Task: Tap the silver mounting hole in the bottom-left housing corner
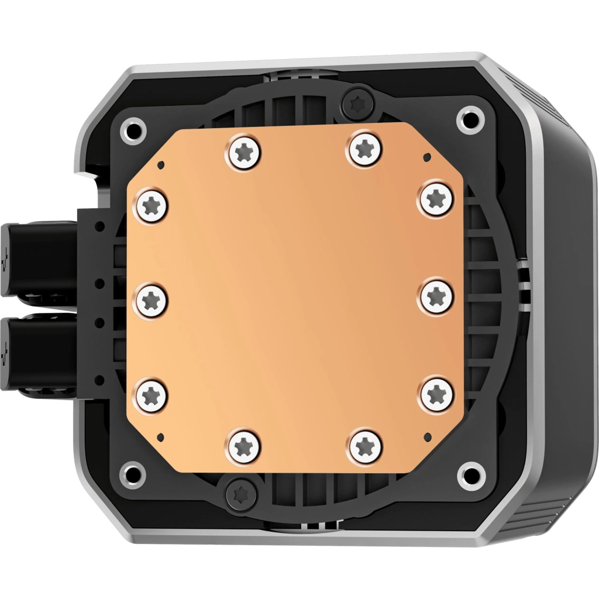tap(133, 471)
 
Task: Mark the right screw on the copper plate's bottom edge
tap(365, 447)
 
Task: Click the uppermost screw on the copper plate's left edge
tap(152, 206)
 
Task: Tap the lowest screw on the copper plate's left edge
tap(152, 393)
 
